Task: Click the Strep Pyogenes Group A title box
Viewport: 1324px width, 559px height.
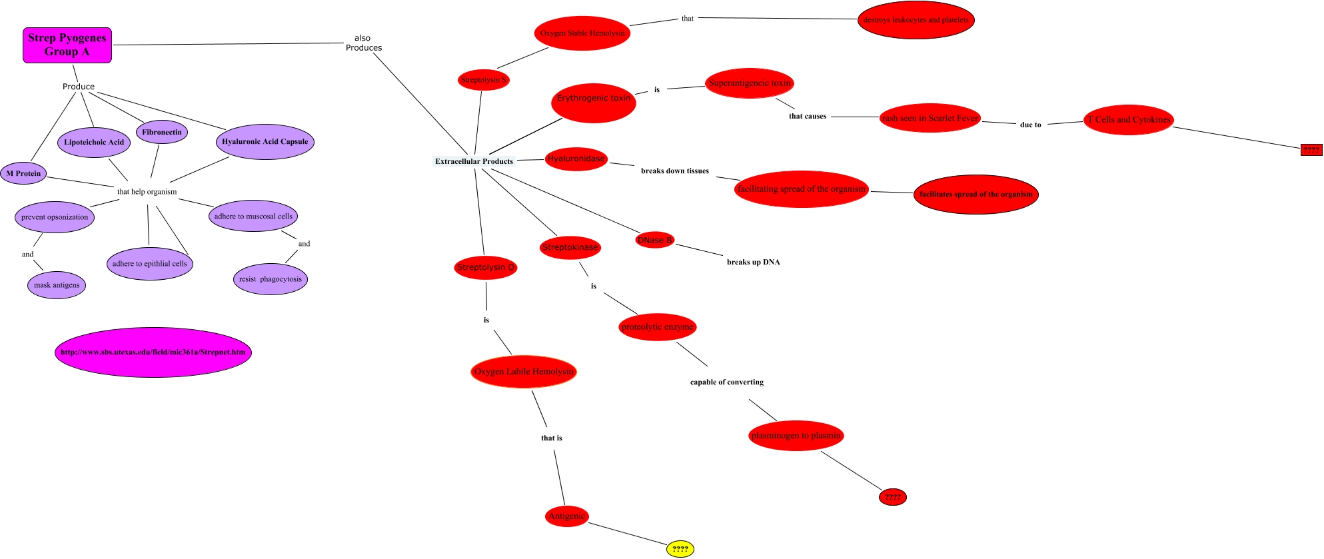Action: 67,45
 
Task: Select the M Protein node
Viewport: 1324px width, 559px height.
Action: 23,173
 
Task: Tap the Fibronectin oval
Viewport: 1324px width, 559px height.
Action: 161,132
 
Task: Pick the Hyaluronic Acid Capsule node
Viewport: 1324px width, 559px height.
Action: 265,141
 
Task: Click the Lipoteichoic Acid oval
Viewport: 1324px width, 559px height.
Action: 94,142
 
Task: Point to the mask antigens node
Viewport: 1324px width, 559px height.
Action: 57,285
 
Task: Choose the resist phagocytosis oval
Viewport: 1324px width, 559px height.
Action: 271,279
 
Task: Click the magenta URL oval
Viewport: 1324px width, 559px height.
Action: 153,352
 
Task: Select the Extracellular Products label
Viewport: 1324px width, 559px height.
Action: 474,161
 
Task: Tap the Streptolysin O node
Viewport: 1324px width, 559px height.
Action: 486,267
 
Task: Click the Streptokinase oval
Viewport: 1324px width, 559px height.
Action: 570,247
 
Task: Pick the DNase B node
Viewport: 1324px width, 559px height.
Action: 654,240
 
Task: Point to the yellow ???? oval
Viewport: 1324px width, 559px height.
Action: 680,549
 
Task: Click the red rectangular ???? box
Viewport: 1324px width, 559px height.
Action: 1311,150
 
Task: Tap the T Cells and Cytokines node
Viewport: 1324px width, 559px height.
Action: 1129,120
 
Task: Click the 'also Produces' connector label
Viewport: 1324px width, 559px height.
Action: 363,43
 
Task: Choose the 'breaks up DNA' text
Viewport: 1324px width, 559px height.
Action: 753,262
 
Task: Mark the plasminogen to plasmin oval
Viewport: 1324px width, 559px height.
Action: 796,436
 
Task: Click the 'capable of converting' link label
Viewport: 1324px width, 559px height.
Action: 727,382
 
